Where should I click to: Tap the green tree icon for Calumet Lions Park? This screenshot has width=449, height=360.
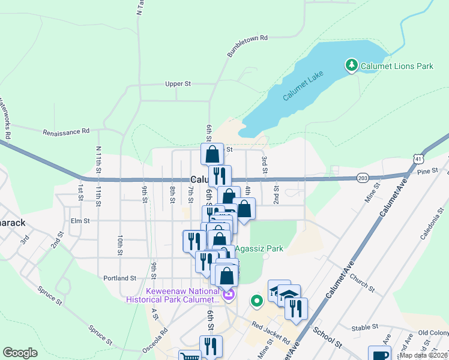pos(351,65)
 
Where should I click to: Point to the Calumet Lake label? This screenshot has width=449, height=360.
pos(303,88)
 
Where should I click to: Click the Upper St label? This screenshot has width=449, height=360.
pos(178,84)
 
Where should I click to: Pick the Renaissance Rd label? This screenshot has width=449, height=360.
pos(65,131)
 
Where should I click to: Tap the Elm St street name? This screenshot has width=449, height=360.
pos(80,221)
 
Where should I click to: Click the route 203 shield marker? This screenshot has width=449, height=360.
pos(362,178)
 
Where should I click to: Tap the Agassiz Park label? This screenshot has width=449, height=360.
pos(258,248)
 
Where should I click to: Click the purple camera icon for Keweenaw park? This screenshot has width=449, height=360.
pos(228,295)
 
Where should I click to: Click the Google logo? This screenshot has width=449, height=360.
pos(20,353)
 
